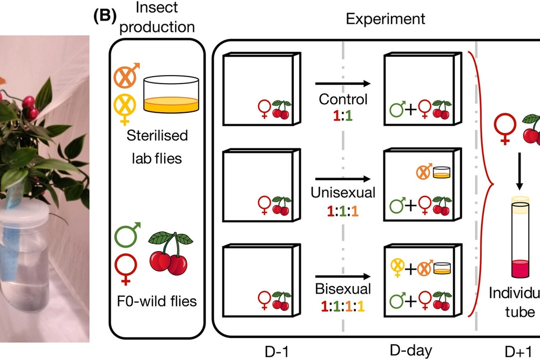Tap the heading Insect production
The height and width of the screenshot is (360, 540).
pos(157,18)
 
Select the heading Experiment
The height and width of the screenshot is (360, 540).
pos(385,19)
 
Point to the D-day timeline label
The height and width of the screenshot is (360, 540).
pos(410,350)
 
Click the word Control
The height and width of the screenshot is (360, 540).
pos(343,100)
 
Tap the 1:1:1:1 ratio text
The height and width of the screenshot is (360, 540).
pos(343,307)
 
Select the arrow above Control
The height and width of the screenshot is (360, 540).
pos(343,84)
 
